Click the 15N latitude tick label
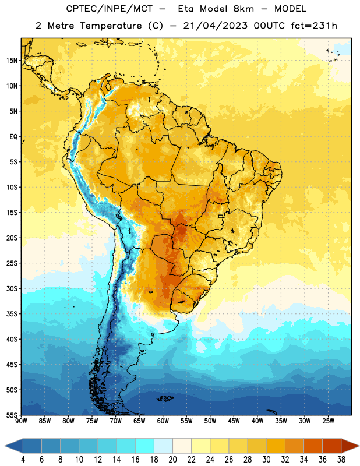(12, 61)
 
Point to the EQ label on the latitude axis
(13, 137)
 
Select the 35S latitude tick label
(12, 314)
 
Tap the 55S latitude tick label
(12, 415)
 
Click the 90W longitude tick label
(21, 421)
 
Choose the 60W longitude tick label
(163, 421)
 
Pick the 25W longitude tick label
(328, 421)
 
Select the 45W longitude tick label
(234, 421)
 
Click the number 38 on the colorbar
(341, 460)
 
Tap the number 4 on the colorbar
(23, 460)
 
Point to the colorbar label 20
(172, 460)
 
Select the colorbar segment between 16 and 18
(144, 446)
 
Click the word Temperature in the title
(111, 26)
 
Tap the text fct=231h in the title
(314, 26)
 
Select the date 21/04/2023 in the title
(215, 26)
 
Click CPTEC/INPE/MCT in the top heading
(109, 9)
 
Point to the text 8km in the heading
(243, 9)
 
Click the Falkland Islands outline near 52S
(165, 398)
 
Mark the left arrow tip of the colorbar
(5, 446)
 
